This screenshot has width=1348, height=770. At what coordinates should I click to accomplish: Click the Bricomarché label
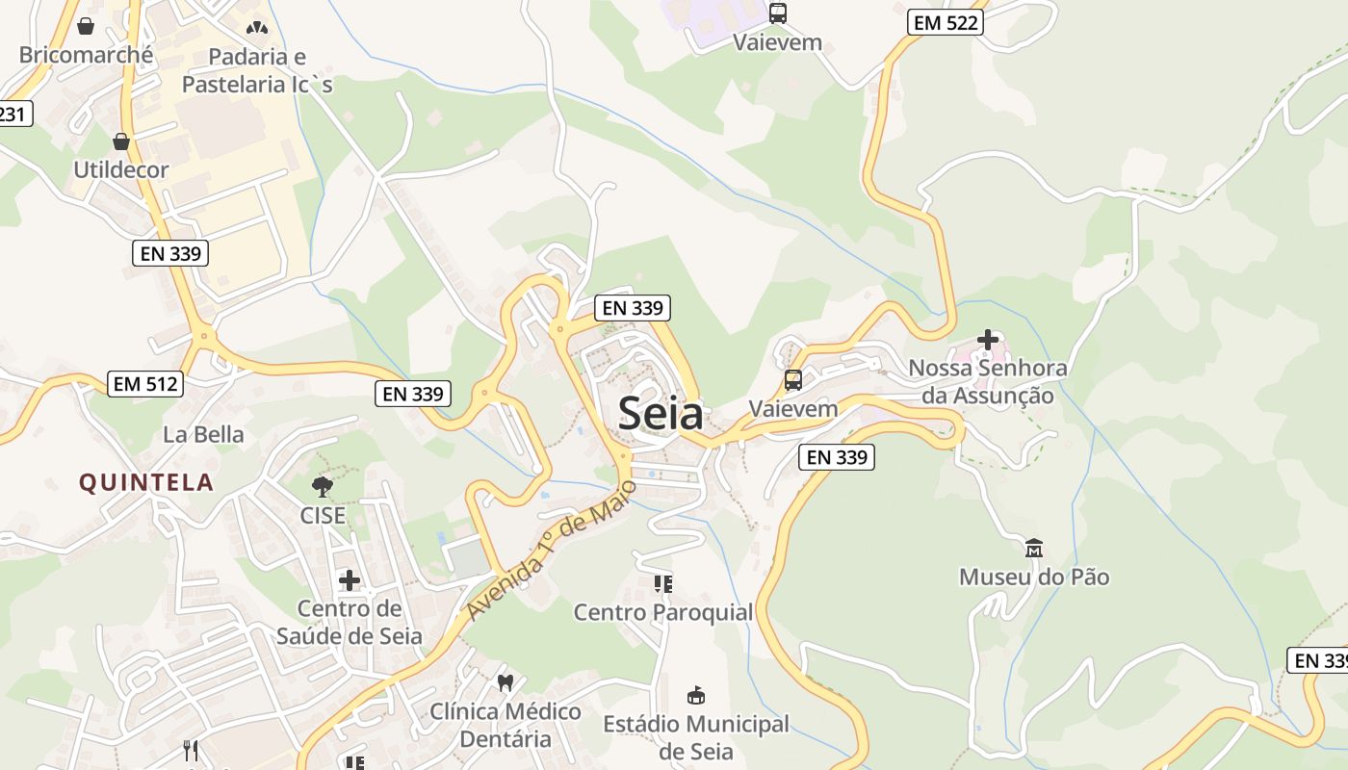[x=86, y=55]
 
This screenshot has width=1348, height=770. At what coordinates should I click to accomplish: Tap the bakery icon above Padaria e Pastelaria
[x=257, y=28]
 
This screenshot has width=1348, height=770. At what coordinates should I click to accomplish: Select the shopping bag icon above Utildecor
[x=121, y=141]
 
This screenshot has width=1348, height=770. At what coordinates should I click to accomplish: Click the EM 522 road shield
[x=945, y=22]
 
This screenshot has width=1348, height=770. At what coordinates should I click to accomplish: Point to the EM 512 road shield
[x=145, y=383]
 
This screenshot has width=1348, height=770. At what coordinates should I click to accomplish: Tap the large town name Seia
[x=661, y=413]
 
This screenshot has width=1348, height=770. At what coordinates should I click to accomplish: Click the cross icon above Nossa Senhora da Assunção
[x=988, y=340]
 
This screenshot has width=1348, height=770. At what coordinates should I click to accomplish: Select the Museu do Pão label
[x=1034, y=577]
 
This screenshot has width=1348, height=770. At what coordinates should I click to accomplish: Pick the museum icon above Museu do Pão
[x=1034, y=549]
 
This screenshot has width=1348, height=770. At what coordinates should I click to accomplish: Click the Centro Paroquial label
[x=663, y=612]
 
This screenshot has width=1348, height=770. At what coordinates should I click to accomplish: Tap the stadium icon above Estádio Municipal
[x=696, y=695]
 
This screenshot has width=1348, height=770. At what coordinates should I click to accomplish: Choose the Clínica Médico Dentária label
[x=505, y=725]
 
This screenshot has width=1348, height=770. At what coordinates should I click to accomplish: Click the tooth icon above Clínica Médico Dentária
[x=505, y=682]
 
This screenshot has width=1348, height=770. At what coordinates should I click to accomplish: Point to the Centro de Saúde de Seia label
[x=350, y=622]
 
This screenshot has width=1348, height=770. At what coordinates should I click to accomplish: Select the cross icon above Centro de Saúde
[x=350, y=580]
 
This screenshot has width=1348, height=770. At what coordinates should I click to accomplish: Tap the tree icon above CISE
[x=323, y=486]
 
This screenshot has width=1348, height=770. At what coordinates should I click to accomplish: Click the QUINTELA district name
[x=146, y=482]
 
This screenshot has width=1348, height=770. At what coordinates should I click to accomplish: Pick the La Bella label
[x=203, y=434]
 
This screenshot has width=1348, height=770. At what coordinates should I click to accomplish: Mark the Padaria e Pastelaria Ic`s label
[x=257, y=70]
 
